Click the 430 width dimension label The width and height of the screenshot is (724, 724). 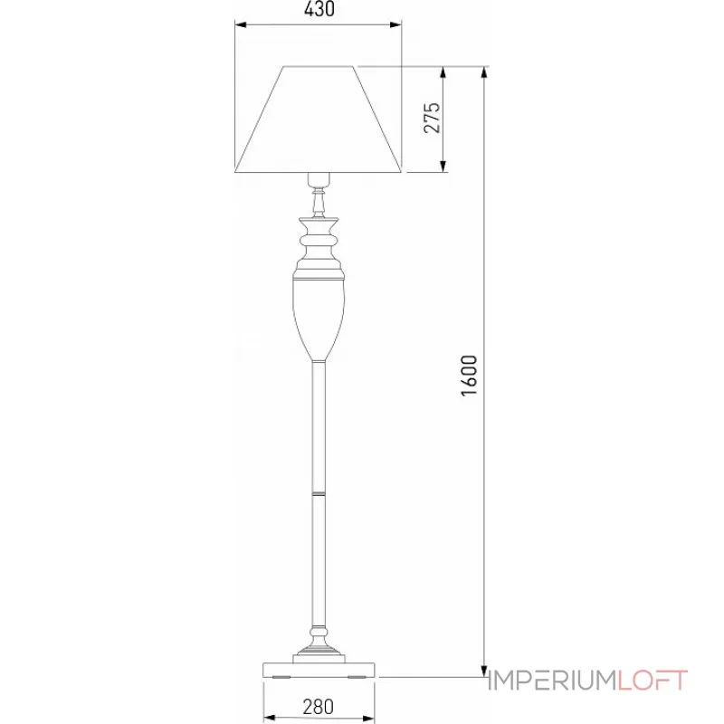(x=318, y=11)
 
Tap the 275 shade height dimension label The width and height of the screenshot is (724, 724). (x=432, y=119)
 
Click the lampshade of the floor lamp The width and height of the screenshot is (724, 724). (x=318, y=119)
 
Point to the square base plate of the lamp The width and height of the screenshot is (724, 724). (x=318, y=669)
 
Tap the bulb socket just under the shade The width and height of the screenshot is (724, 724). (x=318, y=178)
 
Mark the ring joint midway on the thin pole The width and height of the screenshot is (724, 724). (x=318, y=494)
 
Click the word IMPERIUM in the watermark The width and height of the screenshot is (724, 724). (x=551, y=680)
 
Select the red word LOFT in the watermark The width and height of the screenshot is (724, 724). (x=653, y=680)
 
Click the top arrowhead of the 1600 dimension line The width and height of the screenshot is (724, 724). (x=485, y=73)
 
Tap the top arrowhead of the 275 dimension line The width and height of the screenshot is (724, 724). (x=443, y=73)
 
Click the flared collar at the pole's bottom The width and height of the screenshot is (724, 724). (x=318, y=644)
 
